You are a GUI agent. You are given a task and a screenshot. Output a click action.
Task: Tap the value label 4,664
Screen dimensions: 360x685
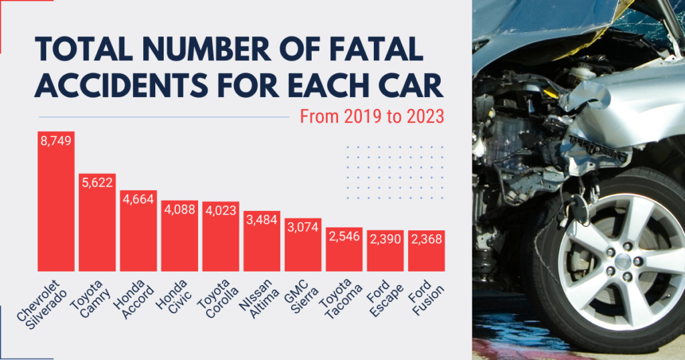[138, 198]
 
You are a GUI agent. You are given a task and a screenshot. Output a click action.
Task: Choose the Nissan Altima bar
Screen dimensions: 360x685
[262, 244]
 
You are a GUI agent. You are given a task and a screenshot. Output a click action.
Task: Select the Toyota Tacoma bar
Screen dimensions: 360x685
[344, 253]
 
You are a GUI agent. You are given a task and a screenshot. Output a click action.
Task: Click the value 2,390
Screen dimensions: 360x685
[385, 239]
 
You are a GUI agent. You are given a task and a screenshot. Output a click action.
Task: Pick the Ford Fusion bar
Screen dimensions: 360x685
[426, 254]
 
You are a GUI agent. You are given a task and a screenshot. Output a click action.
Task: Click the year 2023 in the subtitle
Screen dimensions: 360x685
[425, 116]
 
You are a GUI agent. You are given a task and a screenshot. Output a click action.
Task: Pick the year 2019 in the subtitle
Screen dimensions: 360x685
[357, 116]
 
